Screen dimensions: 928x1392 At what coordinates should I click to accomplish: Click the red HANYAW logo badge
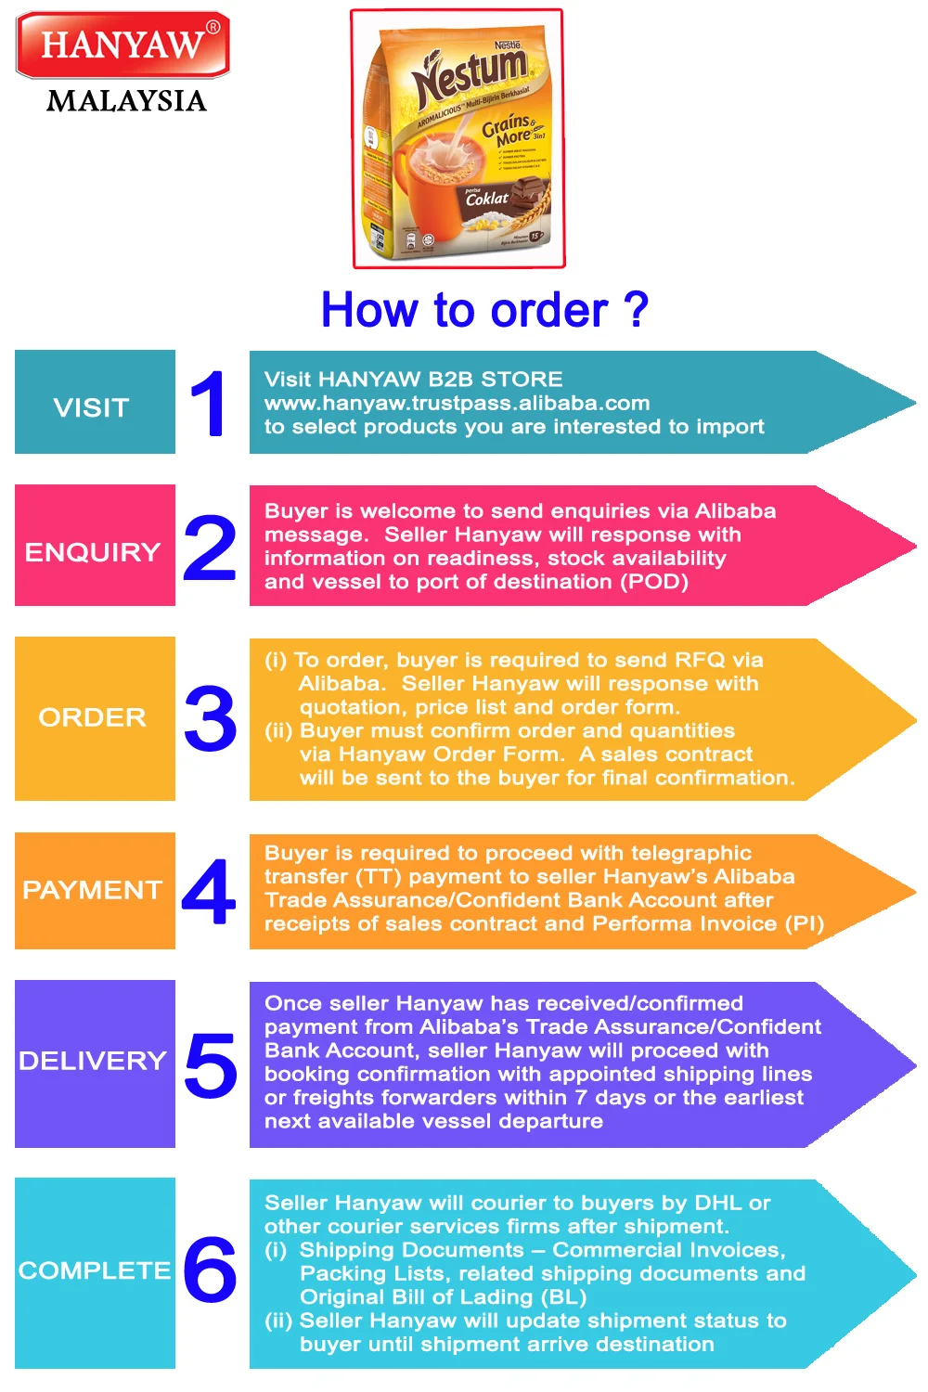point(122,45)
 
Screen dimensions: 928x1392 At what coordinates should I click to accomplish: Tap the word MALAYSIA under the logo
point(126,100)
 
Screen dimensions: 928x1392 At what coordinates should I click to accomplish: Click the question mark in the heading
point(636,310)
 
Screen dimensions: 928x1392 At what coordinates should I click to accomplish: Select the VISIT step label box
point(95,402)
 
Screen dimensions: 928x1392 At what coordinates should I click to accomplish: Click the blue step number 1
point(209,403)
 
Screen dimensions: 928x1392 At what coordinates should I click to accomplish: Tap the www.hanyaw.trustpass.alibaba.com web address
point(457,403)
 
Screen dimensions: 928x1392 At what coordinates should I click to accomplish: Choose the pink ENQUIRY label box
point(95,546)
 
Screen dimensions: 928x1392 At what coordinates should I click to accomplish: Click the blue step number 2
point(210,548)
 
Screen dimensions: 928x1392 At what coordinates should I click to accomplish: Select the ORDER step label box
point(95,718)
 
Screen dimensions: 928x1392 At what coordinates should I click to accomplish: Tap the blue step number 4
point(209,891)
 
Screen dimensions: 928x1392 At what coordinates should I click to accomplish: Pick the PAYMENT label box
point(95,891)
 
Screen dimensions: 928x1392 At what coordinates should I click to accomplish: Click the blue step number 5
point(211,1065)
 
